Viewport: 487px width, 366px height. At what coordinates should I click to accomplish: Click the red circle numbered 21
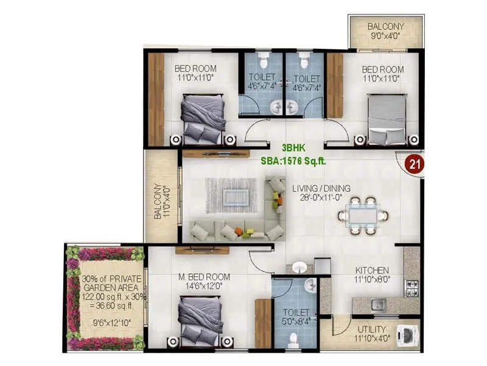coord(415,163)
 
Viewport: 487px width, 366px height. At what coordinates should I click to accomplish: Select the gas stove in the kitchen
coord(412,285)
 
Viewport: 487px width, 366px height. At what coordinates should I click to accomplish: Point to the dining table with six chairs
coord(362,215)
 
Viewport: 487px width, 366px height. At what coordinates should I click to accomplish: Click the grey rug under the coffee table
coord(231,195)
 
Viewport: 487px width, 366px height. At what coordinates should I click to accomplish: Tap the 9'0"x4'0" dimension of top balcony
coord(385,36)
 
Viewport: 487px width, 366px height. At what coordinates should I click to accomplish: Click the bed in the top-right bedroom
coord(387,119)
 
